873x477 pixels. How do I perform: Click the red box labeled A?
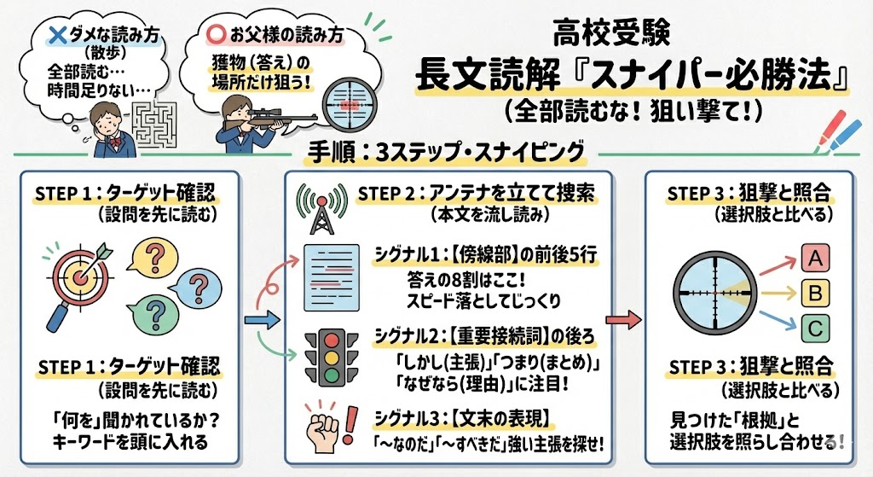coord(815,257)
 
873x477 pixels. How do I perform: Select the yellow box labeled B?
coord(815,293)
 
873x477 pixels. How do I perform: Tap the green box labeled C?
coord(815,328)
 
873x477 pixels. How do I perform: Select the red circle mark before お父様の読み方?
coord(216,37)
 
